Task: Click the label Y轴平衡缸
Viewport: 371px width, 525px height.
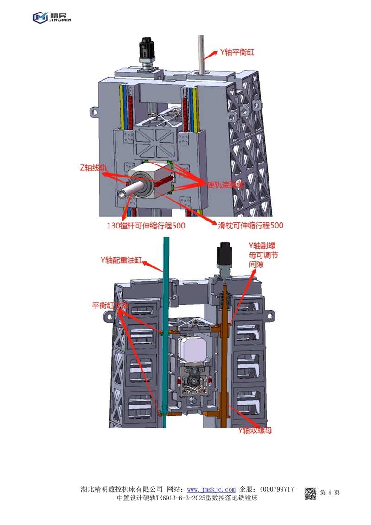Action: (237, 52)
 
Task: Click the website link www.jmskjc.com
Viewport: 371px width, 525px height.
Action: (211, 489)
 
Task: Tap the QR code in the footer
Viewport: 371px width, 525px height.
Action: (310, 493)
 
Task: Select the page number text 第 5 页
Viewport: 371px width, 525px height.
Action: (330, 493)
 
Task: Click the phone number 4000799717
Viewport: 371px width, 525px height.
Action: (277, 489)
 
